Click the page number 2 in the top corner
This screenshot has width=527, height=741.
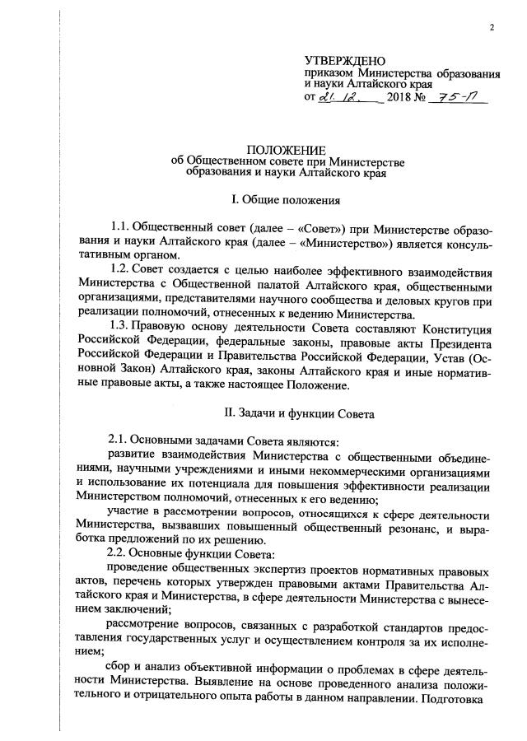point(492,28)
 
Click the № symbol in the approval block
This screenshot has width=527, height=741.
point(423,98)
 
